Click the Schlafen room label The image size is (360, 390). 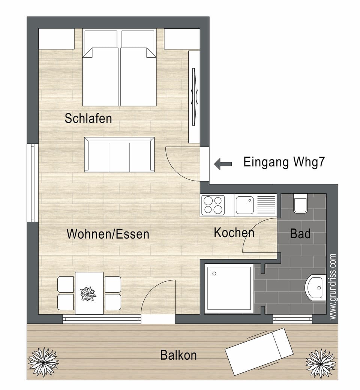[88, 118]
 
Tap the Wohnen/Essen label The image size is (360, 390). [108, 234]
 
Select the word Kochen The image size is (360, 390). [234, 233]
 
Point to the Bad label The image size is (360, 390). [300, 234]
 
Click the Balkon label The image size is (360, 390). [178, 355]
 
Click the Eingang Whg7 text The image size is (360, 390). [284, 163]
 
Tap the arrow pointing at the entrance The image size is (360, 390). [223, 163]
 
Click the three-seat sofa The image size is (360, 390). [119, 154]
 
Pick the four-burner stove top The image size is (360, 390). [213, 205]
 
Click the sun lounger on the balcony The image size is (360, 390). [259, 350]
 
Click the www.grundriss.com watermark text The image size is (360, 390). [333, 287]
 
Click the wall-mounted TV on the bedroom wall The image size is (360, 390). [194, 97]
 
